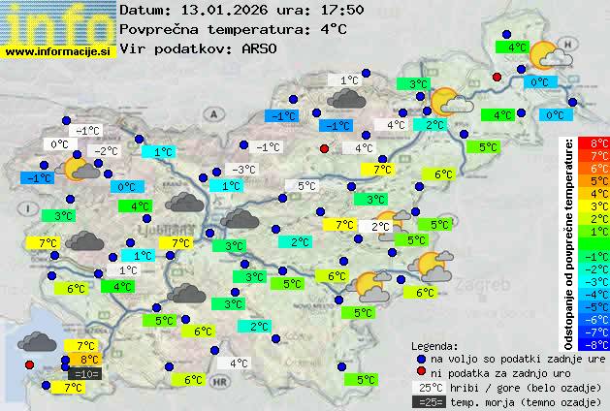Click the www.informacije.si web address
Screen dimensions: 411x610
click(58, 52)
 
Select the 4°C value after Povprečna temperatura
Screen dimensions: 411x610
click(332, 29)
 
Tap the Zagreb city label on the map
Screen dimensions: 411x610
click(488, 288)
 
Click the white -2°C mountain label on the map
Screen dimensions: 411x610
click(105, 150)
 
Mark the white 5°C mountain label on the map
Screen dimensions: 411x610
click(306, 186)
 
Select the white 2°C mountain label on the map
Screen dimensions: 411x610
click(379, 226)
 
